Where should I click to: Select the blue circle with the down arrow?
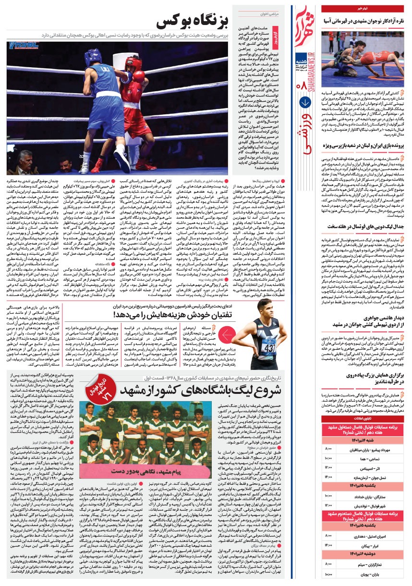point(304,102)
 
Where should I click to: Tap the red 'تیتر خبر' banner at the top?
point(362,9)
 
